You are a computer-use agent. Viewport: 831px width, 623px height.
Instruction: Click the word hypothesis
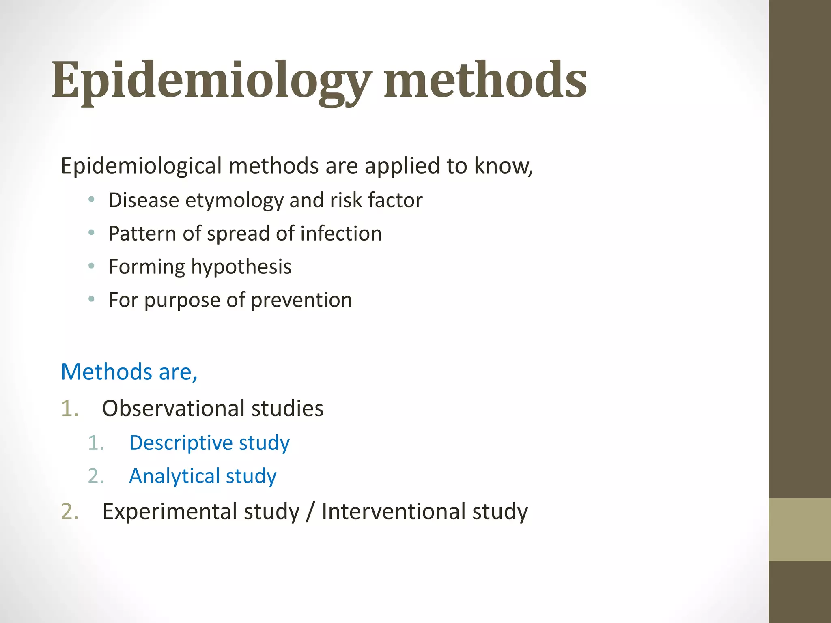pyautogui.click(x=241, y=267)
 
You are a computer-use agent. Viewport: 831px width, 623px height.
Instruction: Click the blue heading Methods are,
pyautogui.click(x=129, y=372)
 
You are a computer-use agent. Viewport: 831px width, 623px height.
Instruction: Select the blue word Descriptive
pyautogui.click(x=181, y=443)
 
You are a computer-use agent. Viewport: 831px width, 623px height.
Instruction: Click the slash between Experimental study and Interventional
pyautogui.click(x=310, y=511)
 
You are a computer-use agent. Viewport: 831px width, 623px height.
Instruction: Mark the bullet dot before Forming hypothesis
pyautogui.click(x=92, y=266)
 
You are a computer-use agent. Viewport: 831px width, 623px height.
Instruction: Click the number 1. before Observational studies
pyautogui.click(x=69, y=408)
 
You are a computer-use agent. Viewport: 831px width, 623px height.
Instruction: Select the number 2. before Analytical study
pyautogui.click(x=96, y=476)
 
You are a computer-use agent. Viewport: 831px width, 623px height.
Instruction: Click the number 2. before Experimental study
pyautogui.click(x=69, y=511)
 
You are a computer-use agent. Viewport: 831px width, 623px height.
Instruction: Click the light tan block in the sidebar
pyautogui.click(x=799, y=529)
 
